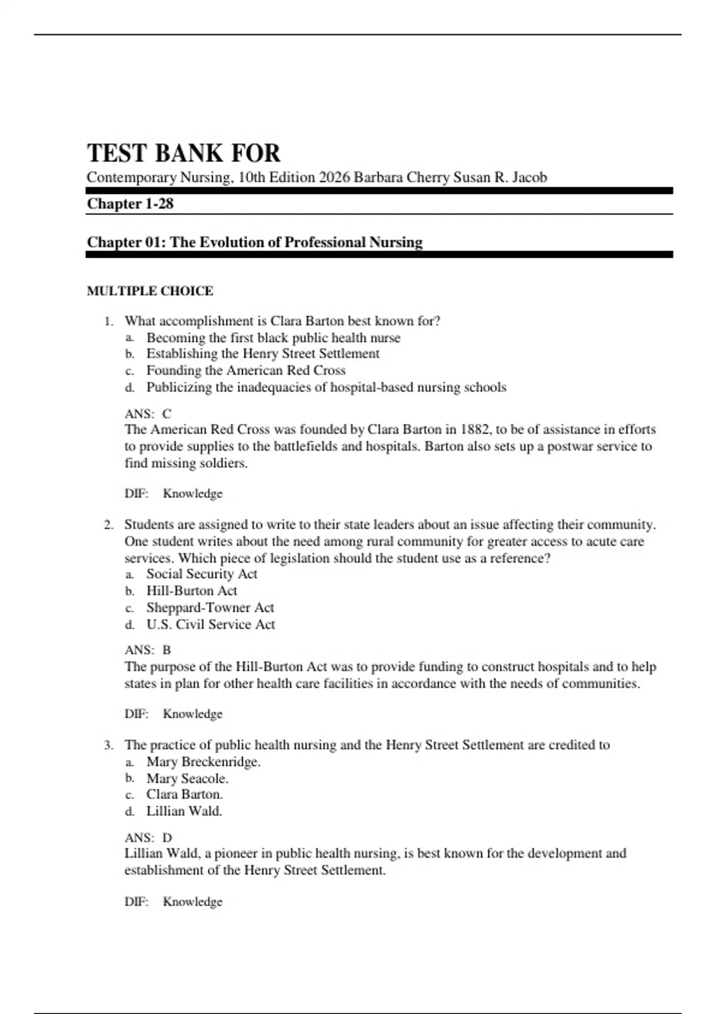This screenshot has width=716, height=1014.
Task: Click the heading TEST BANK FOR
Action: point(183,153)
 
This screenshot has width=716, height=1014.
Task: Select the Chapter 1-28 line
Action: point(130,204)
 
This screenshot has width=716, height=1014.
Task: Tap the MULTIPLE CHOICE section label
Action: point(150,291)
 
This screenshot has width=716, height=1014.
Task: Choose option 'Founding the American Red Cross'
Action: point(246,370)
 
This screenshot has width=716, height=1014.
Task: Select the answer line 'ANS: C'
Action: point(148,413)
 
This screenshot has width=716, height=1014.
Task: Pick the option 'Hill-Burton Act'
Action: point(192,591)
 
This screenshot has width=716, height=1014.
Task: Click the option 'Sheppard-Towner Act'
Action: point(210,608)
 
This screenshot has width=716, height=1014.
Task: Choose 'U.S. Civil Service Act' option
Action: point(211,625)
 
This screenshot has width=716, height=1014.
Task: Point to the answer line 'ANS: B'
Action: point(148,650)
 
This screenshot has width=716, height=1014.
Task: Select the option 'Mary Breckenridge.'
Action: point(203,762)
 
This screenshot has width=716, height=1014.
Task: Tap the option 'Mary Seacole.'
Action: point(187,778)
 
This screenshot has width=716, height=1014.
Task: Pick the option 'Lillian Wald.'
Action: point(184,811)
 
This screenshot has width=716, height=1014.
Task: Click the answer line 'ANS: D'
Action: point(148,837)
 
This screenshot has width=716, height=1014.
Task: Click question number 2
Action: point(108,525)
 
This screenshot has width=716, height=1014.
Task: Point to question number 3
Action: point(108,745)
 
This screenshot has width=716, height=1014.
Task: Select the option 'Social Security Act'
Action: point(202,574)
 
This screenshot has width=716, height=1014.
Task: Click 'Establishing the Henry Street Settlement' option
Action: point(263,354)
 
